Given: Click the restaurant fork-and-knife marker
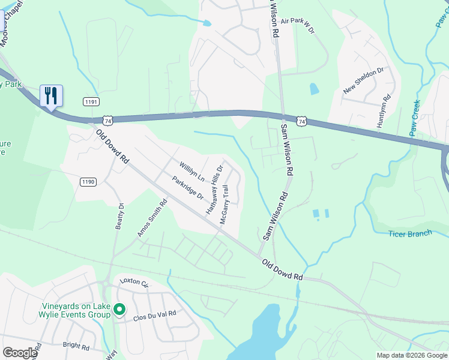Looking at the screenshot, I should coord(51,95).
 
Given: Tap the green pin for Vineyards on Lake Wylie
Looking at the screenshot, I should coord(119,310).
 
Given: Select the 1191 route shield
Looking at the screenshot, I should coord(91,103).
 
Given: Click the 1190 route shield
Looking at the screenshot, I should coord(88,181).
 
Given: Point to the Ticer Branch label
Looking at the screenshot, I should coord(410,233).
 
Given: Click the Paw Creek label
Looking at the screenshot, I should coord(415,118).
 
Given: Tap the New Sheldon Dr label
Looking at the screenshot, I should coord(363,80).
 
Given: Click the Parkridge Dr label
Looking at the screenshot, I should coord(187,188).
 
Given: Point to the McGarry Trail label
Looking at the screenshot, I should coord(225,205).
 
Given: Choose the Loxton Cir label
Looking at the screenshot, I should coord(134,281).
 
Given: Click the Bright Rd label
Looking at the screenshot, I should coord(76,346).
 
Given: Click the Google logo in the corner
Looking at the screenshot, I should coord(19,353).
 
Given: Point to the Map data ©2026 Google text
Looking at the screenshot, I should coord(411,355).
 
